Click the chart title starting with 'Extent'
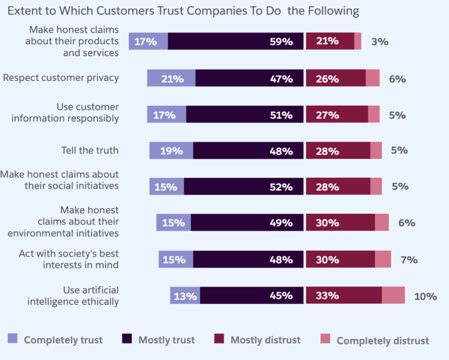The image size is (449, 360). (x=183, y=11)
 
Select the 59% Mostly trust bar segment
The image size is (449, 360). (x=236, y=41)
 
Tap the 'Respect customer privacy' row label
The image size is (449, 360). (x=61, y=78)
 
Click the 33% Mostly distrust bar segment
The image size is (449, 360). (x=343, y=296)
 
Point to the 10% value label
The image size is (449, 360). (x=425, y=296)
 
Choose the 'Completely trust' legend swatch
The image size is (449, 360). (x=13, y=339)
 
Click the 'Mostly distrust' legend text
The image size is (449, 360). (x=265, y=340)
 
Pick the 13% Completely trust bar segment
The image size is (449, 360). (x=185, y=296)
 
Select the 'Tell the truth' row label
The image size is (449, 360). (x=90, y=150)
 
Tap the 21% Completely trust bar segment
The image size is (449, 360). (x=171, y=78)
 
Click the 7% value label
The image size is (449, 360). (x=409, y=260)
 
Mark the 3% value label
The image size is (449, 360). (x=380, y=42)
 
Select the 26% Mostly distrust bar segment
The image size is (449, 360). (x=335, y=78)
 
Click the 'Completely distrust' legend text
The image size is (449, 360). (x=382, y=340)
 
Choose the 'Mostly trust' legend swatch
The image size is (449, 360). (x=127, y=339)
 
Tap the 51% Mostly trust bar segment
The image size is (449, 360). (x=245, y=115)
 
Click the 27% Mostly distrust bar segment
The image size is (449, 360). (x=336, y=115)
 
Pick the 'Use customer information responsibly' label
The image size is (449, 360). (x=65, y=113)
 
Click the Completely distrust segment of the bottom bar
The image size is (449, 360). (x=393, y=296)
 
